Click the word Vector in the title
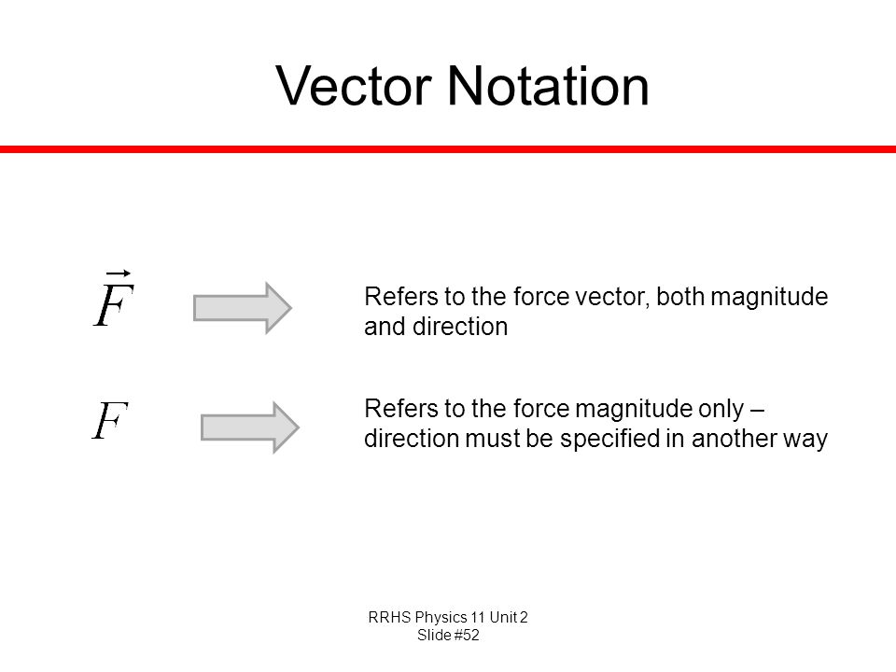(x=353, y=86)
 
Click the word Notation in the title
(x=548, y=86)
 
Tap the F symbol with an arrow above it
(x=114, y=299)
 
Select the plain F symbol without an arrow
(x=110, y=420)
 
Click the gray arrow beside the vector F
(x=243, y=308)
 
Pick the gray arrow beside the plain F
(x=250, y=427)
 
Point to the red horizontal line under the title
(x=448, y=149)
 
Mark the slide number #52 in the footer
(x=467, y=636)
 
